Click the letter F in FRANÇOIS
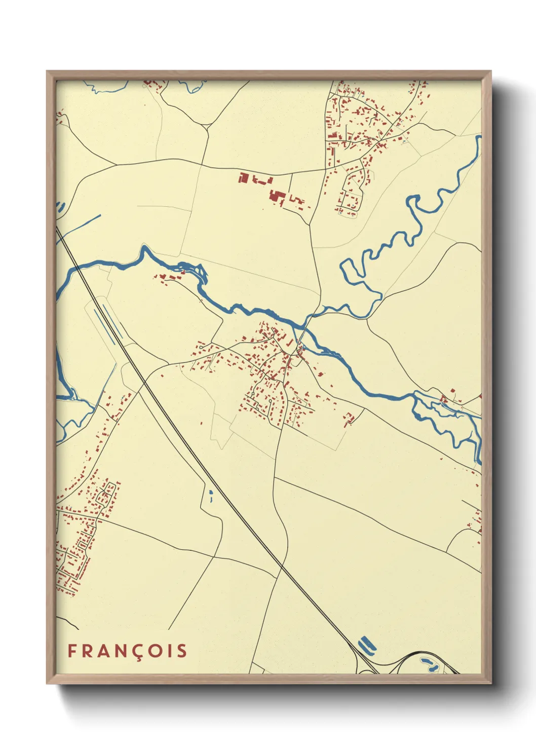click(x=72, y=651)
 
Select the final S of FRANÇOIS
click(x=181, y=651)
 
